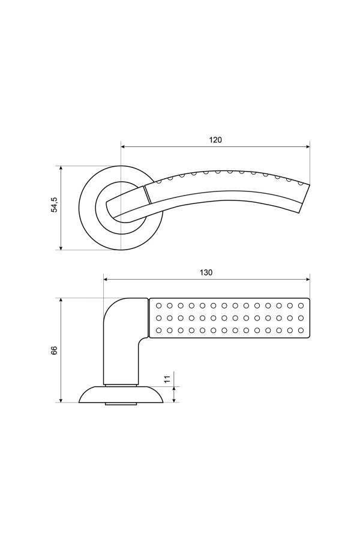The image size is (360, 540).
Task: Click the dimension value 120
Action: [215, 140]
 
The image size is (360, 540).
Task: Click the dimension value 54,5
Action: [55, 205]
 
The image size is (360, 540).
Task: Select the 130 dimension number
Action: [206, 272]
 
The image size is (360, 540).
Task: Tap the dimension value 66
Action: [54, 350]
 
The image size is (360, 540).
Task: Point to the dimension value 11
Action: [167, 379]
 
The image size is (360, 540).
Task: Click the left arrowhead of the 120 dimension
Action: [124, 147]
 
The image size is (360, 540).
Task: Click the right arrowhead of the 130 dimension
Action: [307, 279]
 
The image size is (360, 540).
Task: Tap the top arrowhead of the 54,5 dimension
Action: [61, 169]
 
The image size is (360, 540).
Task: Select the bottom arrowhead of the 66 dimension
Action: [61, 399]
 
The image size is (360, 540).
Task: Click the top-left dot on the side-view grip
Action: [158, 305]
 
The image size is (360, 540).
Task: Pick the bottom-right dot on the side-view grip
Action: [301, 331]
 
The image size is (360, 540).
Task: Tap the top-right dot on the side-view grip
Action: [301, 305]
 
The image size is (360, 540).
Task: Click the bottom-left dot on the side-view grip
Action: [158, 331]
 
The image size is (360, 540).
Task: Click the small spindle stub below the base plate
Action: [121, 404]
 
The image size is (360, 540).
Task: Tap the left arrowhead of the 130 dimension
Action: [107, 279]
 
